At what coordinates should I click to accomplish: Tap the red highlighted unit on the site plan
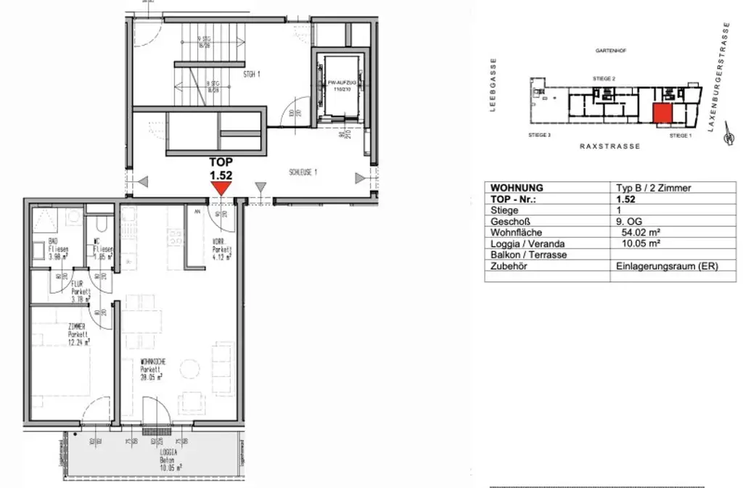661,114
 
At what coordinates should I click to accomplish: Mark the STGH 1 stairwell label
251,73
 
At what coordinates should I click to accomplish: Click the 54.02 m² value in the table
637,233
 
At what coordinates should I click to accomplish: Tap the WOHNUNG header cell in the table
517,188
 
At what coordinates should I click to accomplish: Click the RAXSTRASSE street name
609,146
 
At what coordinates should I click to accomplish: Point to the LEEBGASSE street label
493,85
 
